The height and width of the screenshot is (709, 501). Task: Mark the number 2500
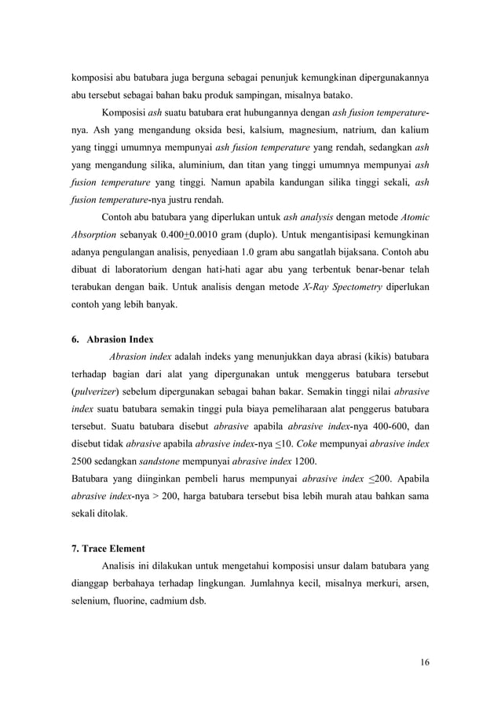[82, 464]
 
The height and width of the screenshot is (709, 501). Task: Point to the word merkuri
[373, 585]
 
